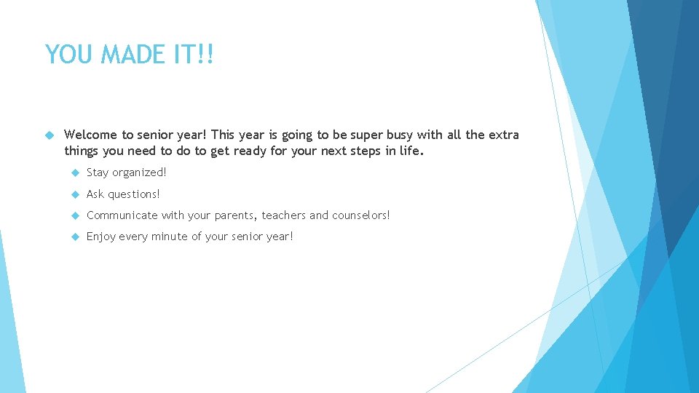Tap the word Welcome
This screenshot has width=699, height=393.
[x=91, y=135]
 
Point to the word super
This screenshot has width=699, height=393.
[x=371, y=135]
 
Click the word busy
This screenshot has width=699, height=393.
[x=405, y=135]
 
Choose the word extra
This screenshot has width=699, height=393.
[x=503, y=135]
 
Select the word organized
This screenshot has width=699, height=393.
[x=140, y=172]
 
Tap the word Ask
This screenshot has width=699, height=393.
[x=95, y=194]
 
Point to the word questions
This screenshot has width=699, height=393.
[x=134, y=194]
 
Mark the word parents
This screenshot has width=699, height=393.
[x=236, y=215]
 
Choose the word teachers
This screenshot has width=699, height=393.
[x=284, y=215]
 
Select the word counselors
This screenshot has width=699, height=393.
[x=360, y=215]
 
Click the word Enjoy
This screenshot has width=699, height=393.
[x=100, y=237]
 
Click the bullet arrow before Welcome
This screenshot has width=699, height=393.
[x=50, y=135]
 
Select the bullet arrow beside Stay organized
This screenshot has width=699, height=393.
[x=74, y=172]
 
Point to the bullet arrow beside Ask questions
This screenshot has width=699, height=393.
[x=74, y=194]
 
